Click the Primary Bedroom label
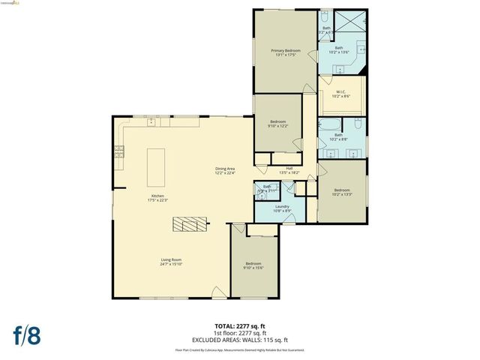(x=286, y=50)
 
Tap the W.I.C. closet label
(x=341, y=91)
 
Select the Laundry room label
(x=282, y=206)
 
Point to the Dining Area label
(x=226, y=169)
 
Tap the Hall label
(x=289, y=168)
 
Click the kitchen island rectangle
(x=155, y=166)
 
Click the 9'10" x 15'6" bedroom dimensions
(x=253, y=268)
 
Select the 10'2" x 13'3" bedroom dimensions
(x=342, y=194)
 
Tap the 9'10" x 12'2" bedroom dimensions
(x=278, y=125)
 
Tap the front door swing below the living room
(x=216, y=292)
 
